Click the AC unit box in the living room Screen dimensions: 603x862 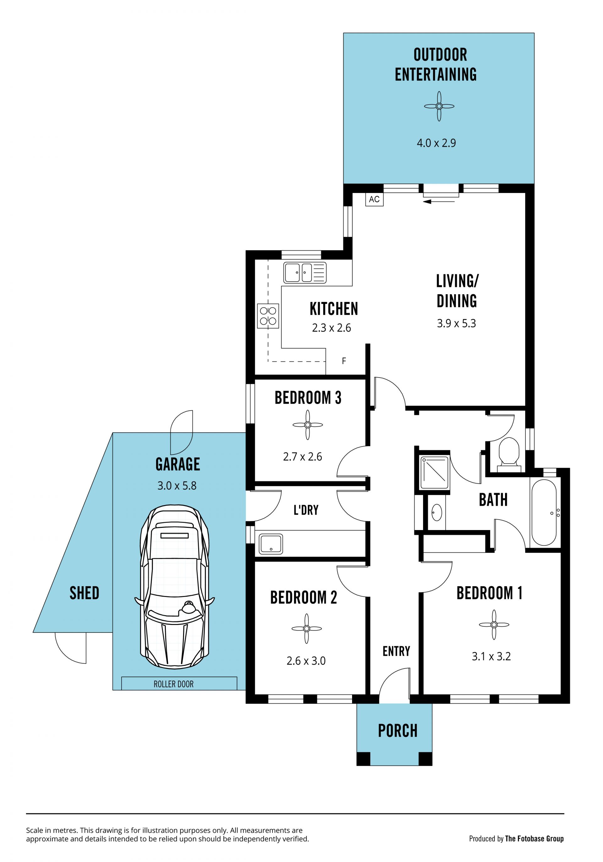[x=374, y=199]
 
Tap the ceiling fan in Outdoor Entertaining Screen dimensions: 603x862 [x=439, y=106]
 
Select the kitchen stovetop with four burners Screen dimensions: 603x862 [x=268, y=316]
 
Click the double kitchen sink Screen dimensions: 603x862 [x=305, y=273]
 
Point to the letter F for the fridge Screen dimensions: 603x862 [x=344, y=361]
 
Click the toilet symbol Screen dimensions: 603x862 [x=509, y=455]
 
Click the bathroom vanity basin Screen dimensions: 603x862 [x=437, y=512]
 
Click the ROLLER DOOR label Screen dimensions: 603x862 [x=174, y=684]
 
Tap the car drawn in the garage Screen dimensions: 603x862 [x=175, y=587]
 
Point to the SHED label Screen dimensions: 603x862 [x=84, y=593]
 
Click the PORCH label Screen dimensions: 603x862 [x=398, y=731]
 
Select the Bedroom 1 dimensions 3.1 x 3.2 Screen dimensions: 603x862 [x=491, y=657]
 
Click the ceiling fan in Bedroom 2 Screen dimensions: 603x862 [x=307, y=629]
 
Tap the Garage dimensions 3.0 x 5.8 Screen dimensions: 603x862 [x=177, y=486]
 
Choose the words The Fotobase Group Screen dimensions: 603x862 [x=534, y=839]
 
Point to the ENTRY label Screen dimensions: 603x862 [x=396, y=651]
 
